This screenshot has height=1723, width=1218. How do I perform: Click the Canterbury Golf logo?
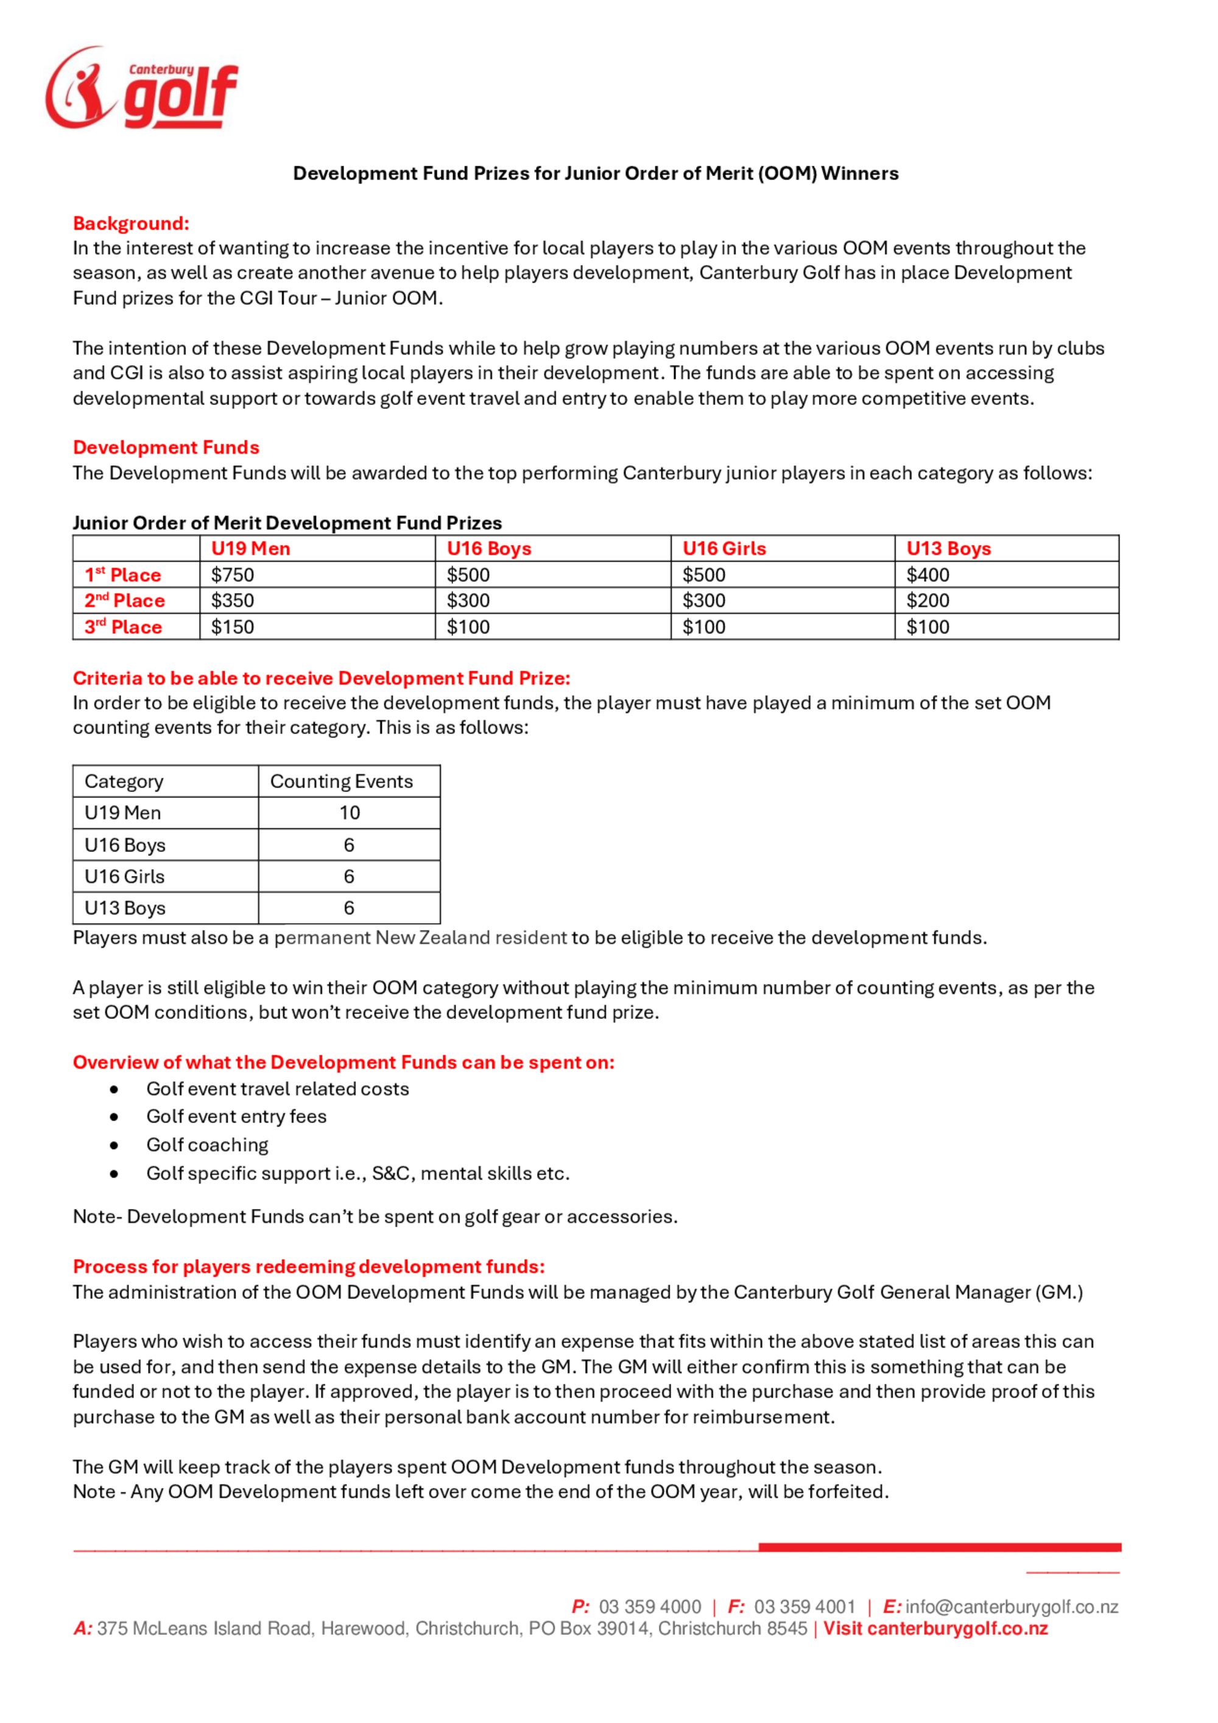coord(141,88)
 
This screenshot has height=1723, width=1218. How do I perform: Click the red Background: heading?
coord(130,223)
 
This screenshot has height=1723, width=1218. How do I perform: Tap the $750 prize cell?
coord(232,575)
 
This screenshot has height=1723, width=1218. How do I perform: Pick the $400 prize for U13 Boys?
coord(928,575)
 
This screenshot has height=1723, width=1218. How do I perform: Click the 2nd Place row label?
coord(125,601)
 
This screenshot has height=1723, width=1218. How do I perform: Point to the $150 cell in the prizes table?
coord(232,627)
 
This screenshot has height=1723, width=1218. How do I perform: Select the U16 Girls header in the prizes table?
coord(723,549)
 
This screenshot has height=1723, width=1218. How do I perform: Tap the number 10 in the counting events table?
coord(349,812)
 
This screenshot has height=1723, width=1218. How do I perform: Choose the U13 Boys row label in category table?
coord(125,908)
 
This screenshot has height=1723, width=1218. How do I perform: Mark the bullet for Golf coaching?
coord(114,1145)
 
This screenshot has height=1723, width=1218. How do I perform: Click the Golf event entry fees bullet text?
coord(236,1116)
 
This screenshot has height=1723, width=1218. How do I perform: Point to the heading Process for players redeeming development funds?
coord(308,1267)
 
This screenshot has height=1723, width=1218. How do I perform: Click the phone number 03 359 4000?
coord(649,1607)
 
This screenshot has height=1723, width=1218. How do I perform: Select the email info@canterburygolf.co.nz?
coord(1012,1607)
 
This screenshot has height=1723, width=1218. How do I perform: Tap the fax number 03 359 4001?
coord(804,1607)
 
